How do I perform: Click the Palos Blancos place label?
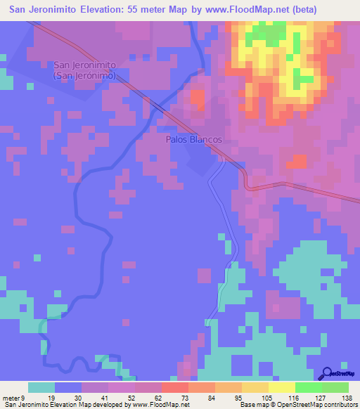click(194, 139)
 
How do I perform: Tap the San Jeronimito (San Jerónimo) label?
click(89, 70)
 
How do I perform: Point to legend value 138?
click(346, 397)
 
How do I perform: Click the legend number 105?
click(266, 397)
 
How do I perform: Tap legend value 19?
click(52, 397)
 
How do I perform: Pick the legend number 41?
click(105, 397)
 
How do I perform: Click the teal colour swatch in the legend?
click(41, 387)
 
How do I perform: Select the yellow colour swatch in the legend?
click(281, 387)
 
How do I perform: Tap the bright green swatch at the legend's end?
click(335, 387)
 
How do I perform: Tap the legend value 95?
click(239, 397)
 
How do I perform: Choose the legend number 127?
click(319, 397)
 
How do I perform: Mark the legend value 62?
click(159, 397)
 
